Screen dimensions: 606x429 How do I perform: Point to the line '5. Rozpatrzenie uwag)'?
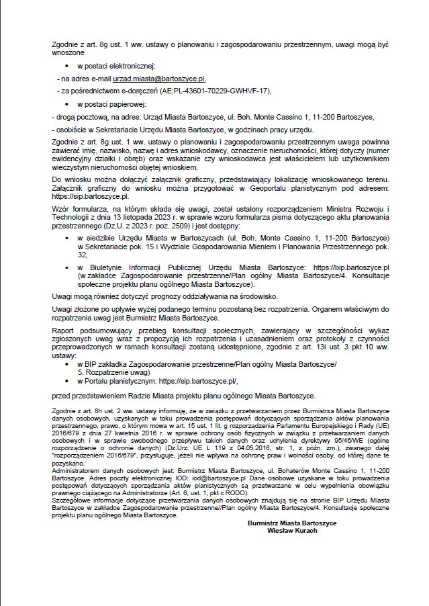pyautogui.click(x=113, y=372)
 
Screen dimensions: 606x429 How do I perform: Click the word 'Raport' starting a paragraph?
pyautogui.click(x=63, y=331)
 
